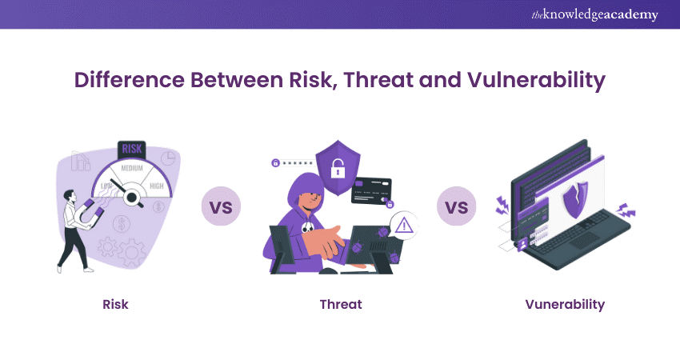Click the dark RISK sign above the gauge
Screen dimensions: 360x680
133,148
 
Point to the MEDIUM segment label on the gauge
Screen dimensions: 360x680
133,168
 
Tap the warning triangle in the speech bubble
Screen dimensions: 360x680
404,226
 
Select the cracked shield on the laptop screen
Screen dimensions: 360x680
575,199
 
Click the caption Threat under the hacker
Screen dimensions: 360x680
340,304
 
